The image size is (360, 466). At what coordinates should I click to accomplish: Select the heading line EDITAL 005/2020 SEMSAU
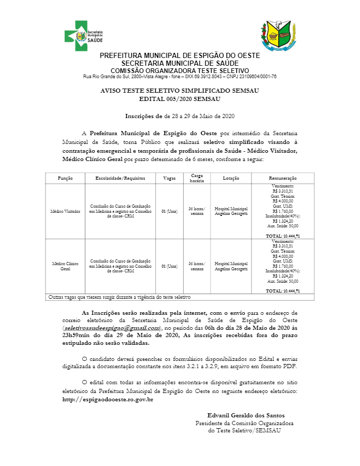tap(180, 98)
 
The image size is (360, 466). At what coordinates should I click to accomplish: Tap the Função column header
tap(65, 178)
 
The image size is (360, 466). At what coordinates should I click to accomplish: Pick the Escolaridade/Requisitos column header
tap(121, 178)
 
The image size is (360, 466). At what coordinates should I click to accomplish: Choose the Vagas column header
tap(170, 178)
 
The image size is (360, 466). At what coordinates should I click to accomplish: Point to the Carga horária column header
tap(197, 178)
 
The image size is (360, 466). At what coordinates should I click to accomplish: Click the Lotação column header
tap(231, 178)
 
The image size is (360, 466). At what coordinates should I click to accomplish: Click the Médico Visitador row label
tap(65, 212)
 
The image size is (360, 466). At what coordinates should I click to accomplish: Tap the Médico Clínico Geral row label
tap(65, 266)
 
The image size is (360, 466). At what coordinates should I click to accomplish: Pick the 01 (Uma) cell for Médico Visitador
tap(170, 212)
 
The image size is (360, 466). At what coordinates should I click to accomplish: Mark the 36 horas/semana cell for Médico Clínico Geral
tap(197, 266)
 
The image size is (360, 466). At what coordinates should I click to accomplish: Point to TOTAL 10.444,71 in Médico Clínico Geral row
tap(282, 291)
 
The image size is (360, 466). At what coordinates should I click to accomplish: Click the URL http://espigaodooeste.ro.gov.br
tap(108, 400)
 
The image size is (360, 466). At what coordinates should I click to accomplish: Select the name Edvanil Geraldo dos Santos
tap(246, 415)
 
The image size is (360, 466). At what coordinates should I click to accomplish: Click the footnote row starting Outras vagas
tap(119, 297)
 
